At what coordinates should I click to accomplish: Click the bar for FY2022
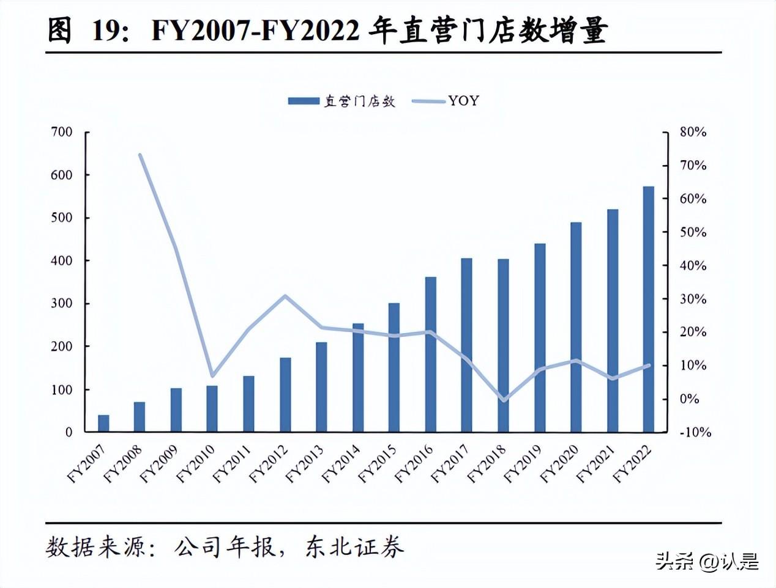[x=648, y=309]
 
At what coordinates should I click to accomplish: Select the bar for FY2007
[x=103, y=424]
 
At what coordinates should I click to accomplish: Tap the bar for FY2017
[x=466, y=345]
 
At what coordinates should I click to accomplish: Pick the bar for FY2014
[x=358, y=378]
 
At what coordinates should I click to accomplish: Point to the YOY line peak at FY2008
[x=140, y=155]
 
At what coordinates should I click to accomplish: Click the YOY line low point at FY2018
[x=503, y=400]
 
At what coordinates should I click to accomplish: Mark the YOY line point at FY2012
[x=285, y=296]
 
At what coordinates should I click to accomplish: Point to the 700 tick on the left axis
[x=61, y=132]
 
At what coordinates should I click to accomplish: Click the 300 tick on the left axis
[x=61, y=304]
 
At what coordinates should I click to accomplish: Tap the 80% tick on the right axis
[x=693, y=132]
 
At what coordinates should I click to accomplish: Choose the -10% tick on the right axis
[x=696, y=432]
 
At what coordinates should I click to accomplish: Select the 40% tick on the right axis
[x=693, y=266]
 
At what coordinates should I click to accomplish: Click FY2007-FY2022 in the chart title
[x=255, y=31]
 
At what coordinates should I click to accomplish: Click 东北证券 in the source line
[x=354, y=547]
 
